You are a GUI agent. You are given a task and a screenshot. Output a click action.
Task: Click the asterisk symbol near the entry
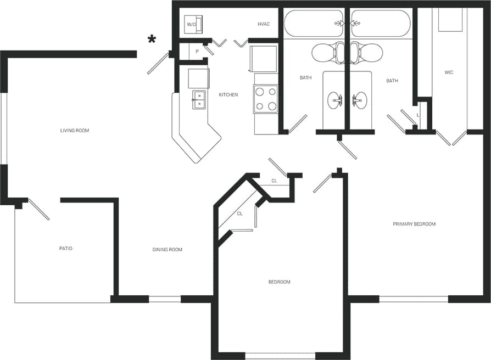click(151, 38)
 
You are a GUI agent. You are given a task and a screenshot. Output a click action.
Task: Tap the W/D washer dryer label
click(191, 25)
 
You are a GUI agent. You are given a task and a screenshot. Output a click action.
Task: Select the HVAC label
click(264, 24)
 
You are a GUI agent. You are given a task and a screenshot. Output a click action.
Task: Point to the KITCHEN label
click(228, 95)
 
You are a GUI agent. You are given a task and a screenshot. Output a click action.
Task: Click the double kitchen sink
click(198, 99)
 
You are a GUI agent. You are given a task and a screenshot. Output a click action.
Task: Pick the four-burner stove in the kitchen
click(266, 99)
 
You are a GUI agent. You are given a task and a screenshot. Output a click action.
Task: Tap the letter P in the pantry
click(197, 52)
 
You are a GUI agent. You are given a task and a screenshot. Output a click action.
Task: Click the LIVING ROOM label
click(75, 131)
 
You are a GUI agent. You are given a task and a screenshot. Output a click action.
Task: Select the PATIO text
click(66, 249)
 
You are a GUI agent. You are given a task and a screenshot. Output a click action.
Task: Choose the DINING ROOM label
click(168, 250)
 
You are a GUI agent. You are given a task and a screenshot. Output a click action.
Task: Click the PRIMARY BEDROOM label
click(414, 224)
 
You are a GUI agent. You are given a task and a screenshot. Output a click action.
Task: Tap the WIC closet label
click(449, 72)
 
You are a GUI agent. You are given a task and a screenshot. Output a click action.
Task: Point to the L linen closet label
click(418, 115)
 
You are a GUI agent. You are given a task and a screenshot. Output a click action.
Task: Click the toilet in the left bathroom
click(327, 52)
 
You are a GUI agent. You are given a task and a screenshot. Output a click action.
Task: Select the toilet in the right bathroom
click(368, 52)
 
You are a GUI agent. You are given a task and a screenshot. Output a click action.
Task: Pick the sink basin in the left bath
click(336, 100)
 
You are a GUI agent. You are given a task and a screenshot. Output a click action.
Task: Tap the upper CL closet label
click(274, 181)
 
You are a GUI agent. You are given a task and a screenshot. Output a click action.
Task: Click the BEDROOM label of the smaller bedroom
click(279, 282)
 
